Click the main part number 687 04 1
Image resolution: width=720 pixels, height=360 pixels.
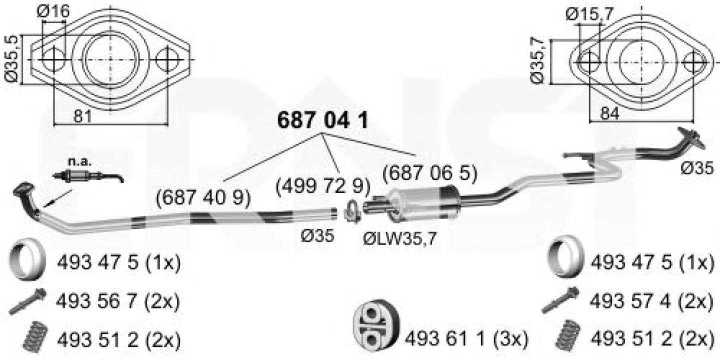coord(322,120)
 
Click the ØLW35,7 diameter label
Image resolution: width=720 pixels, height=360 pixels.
coord(399,239)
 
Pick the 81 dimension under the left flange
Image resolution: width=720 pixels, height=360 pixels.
coord(82,115)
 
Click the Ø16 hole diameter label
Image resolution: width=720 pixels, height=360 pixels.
coord(53,11)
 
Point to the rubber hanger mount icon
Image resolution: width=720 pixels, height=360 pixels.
coord(376,326)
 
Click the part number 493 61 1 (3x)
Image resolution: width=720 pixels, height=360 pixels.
coord(466,338)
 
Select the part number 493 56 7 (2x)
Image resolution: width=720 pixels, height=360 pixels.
coord(117,301)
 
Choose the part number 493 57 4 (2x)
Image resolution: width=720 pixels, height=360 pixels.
coord(651,301)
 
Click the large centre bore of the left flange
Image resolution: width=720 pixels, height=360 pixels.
coord(110,60)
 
